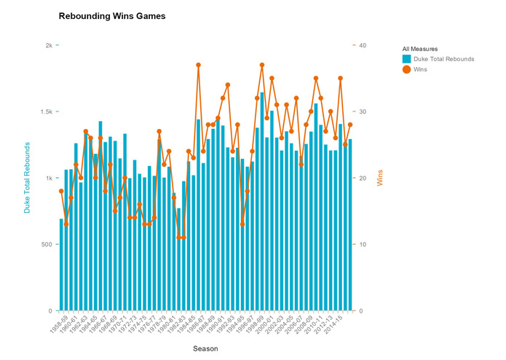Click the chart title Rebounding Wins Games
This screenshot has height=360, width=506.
(111, 16)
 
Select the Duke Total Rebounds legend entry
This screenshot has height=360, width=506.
(443, 59)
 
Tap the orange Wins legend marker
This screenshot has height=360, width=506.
(407, 69)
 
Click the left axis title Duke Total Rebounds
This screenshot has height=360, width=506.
(28, 178)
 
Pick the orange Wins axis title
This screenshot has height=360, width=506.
(380, 178)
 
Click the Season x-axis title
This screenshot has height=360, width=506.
(205, 348)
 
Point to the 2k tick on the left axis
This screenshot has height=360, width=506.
(49, 45)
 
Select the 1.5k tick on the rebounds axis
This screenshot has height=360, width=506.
(45, 111)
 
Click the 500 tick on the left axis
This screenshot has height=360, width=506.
(47, 244)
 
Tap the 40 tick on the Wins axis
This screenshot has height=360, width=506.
(362, 45)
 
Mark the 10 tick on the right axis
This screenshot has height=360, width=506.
(362, 244)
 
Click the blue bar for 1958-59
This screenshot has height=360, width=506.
(61, 265)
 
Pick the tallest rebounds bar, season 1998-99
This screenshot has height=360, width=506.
(262, 202)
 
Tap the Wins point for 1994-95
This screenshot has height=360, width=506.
(242, 224)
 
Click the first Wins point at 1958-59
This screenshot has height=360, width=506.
(61, 191)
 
